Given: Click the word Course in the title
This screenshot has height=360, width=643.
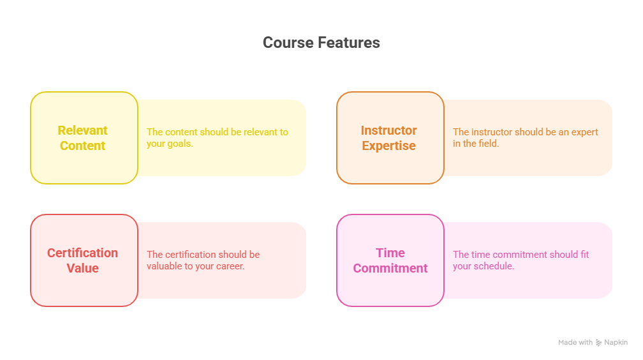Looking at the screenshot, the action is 288,43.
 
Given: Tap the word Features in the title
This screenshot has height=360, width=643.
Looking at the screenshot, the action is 349,43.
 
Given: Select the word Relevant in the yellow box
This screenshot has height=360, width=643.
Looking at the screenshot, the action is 82,131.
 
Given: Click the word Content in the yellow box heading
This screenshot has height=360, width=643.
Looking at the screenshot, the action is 82,146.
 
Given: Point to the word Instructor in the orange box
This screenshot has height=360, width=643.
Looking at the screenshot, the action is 388,131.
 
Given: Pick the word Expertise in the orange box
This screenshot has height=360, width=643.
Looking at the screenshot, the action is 388,146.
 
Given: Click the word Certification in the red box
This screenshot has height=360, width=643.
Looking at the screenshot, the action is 82,253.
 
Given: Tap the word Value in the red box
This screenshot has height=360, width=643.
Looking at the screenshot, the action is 82,269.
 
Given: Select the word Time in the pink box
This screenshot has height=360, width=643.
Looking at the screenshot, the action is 390,253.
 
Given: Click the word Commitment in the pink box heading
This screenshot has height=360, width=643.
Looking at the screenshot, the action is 390,269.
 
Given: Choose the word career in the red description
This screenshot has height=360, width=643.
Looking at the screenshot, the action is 230,266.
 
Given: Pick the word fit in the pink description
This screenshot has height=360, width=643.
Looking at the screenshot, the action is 585,255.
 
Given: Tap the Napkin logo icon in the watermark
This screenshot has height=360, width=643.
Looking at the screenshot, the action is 599,342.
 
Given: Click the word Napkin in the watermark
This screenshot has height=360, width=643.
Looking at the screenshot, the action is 616,342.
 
